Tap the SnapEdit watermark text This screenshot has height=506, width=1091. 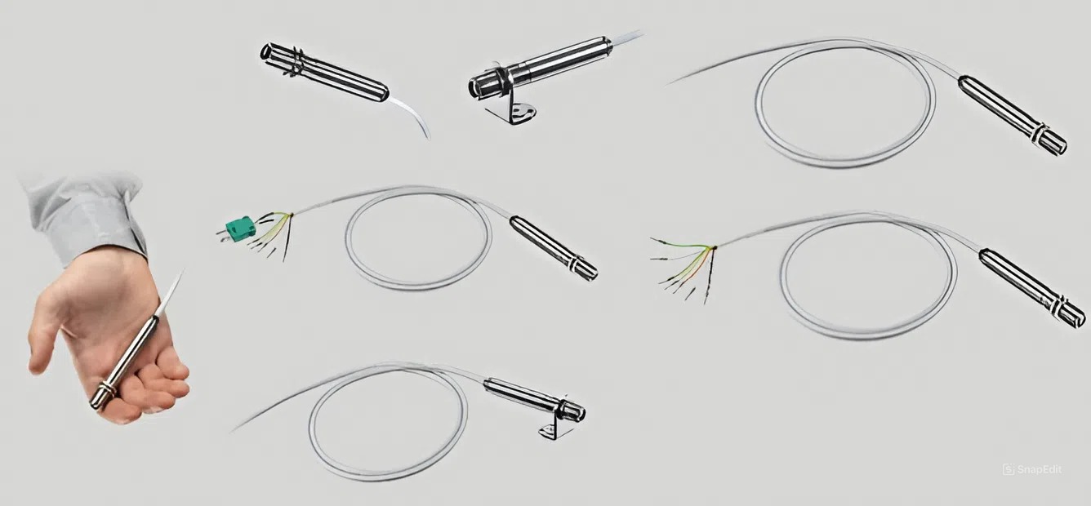pos(1032,469)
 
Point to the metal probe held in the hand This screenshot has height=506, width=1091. pos(126,361)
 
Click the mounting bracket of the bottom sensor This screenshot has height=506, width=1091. pos(555,428)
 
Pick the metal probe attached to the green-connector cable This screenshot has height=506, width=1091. pos(554,248)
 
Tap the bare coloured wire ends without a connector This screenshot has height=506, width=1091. pos(684,269)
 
